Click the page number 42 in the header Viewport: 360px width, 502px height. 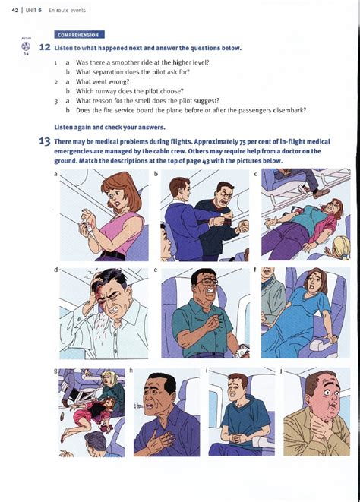pyautogui.click(x=14, y=9)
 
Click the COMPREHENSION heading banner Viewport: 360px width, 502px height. pyautogui.click(x=79, y=35)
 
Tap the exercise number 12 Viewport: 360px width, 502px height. pyautogui.click(x=45, y=48)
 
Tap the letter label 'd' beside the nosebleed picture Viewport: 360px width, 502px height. pyautogui.click(x=55, y=270)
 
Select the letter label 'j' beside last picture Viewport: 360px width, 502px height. pyautogui.click(x=281, y=370)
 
